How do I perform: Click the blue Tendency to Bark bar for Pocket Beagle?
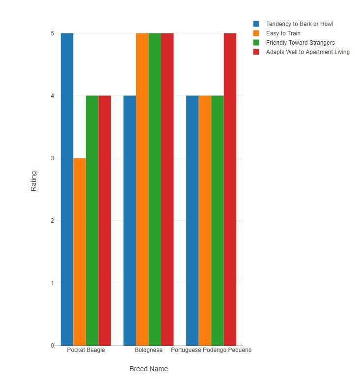67,189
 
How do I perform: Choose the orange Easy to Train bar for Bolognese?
142,189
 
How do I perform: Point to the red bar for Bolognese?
167,189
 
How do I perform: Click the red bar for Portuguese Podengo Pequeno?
230,189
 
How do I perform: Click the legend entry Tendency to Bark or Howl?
300,24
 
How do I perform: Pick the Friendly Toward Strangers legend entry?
300,42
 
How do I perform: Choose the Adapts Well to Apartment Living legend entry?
307,52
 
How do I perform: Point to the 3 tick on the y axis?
51,158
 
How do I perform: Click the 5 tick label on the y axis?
51,33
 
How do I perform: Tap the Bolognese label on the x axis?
148,351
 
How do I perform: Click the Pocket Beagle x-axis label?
86,351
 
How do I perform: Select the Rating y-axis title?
34,181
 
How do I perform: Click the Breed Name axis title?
148,369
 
